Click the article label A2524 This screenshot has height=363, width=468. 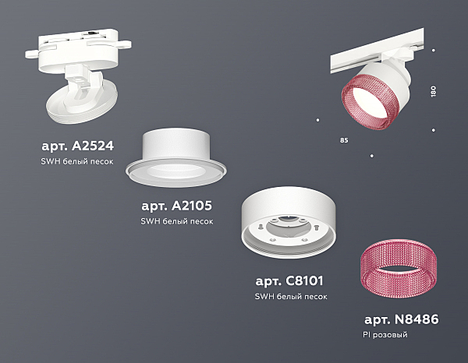77,146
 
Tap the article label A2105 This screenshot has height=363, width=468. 177,206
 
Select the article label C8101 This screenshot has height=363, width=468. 289,280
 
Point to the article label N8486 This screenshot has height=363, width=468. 402,319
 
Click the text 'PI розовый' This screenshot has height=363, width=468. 385,335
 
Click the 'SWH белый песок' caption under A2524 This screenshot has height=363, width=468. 77,161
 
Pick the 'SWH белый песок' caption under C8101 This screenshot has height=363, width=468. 291,297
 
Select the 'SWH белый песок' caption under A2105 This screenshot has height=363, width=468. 177,221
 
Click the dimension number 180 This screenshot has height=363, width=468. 434,91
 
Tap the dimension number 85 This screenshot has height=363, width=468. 344,140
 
